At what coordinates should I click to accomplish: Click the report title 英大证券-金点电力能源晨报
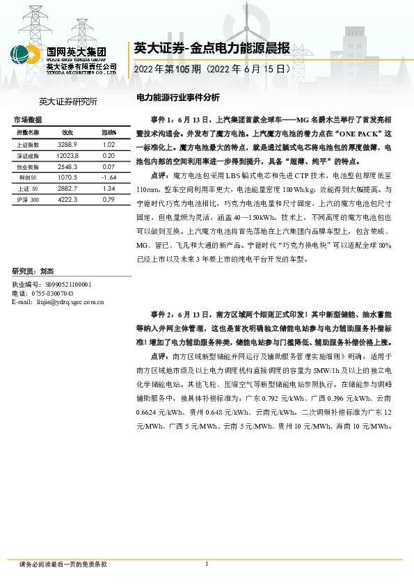pyautogui.click(x=210, y=48)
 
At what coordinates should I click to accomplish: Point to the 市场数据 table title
pyautogui.click(x=27, y=120)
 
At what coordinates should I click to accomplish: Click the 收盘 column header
pyautogui.click(x=67, y=132)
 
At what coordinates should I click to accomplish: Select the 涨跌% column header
pyautogui.click(x=109, y=132)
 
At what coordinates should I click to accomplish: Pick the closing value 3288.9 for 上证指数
pyautogui.click(x=67, y=144)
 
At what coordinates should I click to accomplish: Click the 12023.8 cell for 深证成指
pyautogui.click(x=67, y=155)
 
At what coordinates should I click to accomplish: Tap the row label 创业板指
pyautogui.click(x=28, y=167)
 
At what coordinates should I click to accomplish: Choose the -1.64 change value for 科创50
pyautogui.click(x=108, y=177)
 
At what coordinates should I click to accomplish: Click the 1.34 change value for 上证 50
pyautogui.click(x=108, y=189)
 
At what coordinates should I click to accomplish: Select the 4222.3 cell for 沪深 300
pyautogui.click(x=67, y=200)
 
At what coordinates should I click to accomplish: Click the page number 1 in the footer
pyautogui.click(x=207, y=564)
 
